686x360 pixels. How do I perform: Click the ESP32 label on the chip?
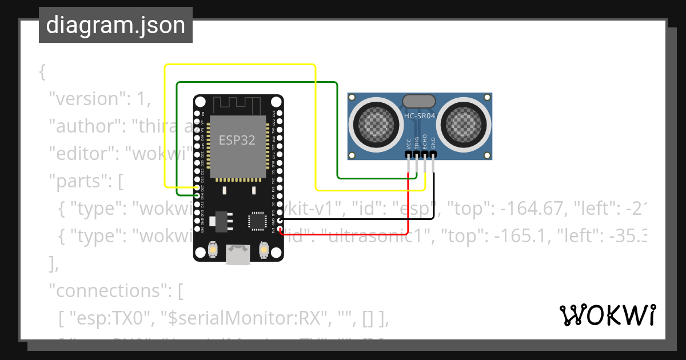(237, 139)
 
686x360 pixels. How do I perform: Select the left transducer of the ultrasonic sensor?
(376, 122)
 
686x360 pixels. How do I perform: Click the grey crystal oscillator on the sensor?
(420, 101)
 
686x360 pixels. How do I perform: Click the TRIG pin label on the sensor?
(417, 142)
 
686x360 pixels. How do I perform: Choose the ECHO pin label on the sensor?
(425, 142)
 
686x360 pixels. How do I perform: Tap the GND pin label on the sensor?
(433, 142)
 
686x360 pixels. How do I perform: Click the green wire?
(257, 82)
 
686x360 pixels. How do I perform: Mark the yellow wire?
(240, 65)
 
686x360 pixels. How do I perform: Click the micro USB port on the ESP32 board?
(238, 254)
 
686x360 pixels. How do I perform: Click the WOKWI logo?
(607, 315)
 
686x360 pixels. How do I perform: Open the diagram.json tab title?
(115, 25)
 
